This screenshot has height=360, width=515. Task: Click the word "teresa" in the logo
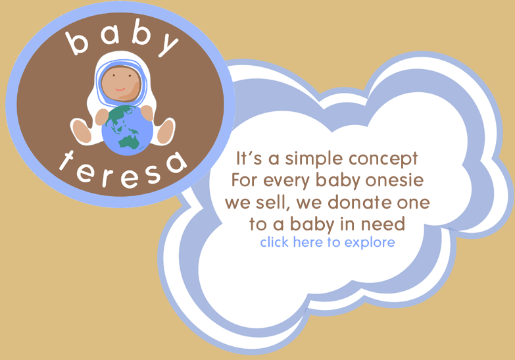click(123, 171)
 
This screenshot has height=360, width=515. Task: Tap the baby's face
click(120, 84)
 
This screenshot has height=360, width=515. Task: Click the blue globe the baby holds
click(128, 130)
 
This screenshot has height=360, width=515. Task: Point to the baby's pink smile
click(120, 89)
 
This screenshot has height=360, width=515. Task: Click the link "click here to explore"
click(328, 243)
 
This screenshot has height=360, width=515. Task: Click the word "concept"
click(383, 159)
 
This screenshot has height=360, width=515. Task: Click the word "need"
click(383, 224)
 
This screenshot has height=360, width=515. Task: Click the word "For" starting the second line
click(245, 180)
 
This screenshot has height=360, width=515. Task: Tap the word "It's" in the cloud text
click(249, 159)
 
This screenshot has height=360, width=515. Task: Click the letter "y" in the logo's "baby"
click(168, 46)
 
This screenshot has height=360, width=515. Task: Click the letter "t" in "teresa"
click(67, 160)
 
